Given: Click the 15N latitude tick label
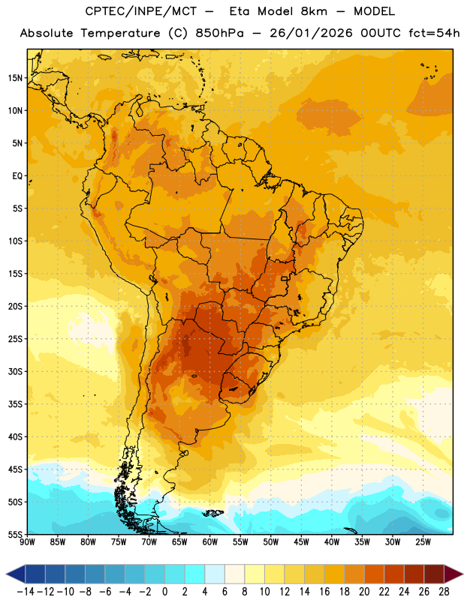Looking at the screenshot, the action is (x=15, y=78).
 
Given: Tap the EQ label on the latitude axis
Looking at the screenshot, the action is (x=17, y=176).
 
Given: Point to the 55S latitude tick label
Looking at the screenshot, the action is (x=15, y=534).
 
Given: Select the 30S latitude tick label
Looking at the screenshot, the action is (x=15, y=371).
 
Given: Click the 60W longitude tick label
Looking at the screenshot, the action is (x=210, y=542).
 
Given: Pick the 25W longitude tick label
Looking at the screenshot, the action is (x=423, y=542).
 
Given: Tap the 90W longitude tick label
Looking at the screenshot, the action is (x=27, y=542).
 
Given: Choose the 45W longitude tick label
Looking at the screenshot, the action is (x=301, y=542).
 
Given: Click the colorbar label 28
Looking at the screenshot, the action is (x=444, y=592).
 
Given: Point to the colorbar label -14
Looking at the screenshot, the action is (x=26, y=592).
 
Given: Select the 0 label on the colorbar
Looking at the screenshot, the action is (x=165, y=592).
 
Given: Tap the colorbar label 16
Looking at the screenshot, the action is (x=324, y=592).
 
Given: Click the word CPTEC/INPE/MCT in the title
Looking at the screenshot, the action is (x=141, y=11).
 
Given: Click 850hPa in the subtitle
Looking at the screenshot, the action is (x=219, y=33).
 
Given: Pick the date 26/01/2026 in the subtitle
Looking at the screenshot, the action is (x=311, y=33).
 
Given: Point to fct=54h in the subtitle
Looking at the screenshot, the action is (x=434, y=33).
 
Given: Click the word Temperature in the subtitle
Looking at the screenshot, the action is (x=120, y=33).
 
